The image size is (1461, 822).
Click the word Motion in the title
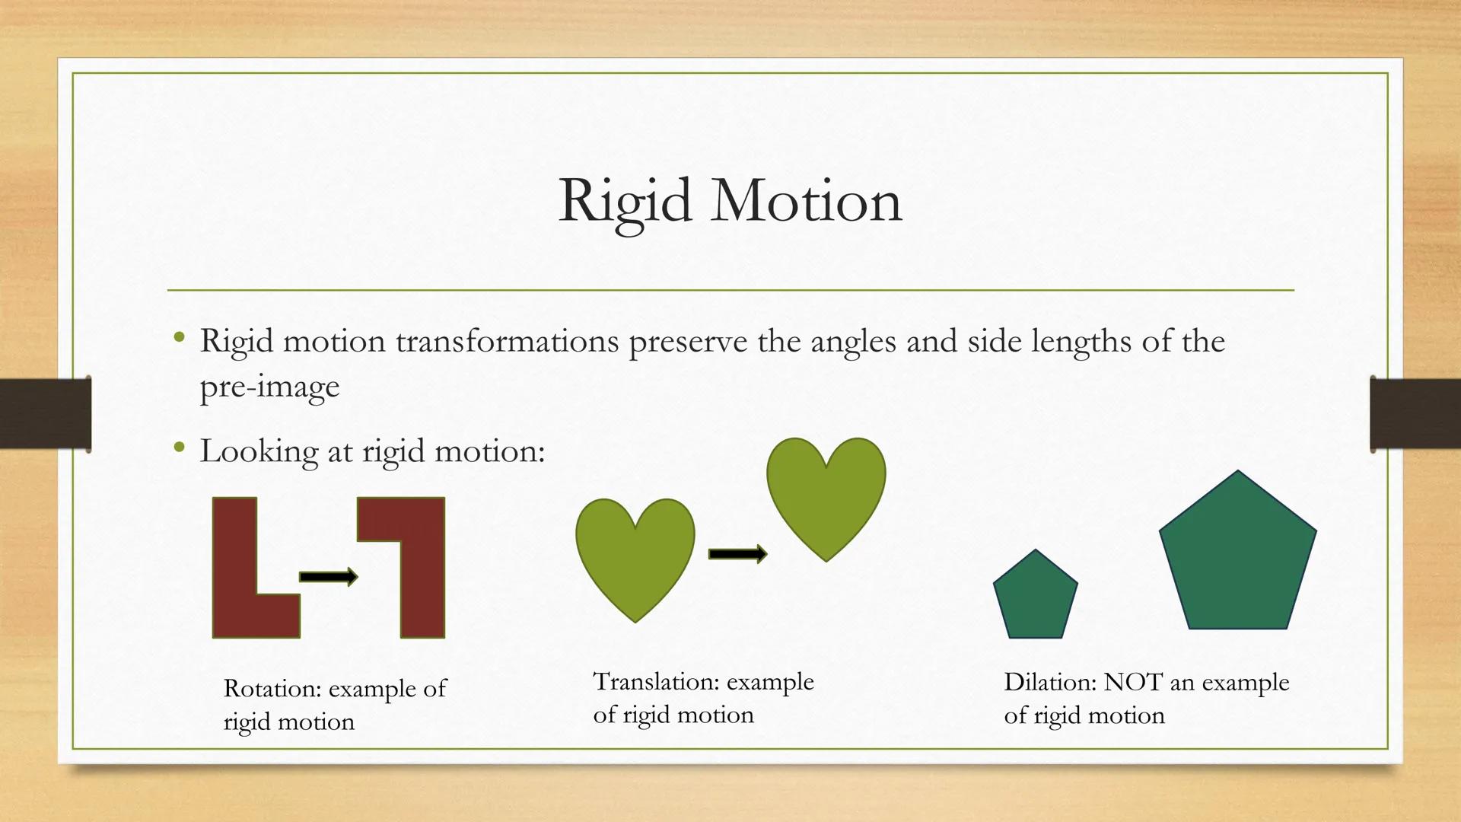coord(806,201)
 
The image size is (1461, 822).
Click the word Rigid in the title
coord(625,201)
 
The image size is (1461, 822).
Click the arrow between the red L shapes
coord(328,577)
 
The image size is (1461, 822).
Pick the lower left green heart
coord(635,556)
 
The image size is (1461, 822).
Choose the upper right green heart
coord(826,495)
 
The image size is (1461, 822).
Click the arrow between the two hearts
coord(737,554)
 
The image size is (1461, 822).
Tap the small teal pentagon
coord(1035,597)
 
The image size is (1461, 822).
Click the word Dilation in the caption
coord(1049,682)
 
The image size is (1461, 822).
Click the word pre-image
coord(269,387)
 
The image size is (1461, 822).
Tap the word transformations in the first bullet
coord(507,341)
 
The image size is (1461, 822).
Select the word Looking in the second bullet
coord(259,451)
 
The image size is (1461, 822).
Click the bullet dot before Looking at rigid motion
coord(179,448)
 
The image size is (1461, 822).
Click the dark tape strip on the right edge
coord(1414,413)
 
